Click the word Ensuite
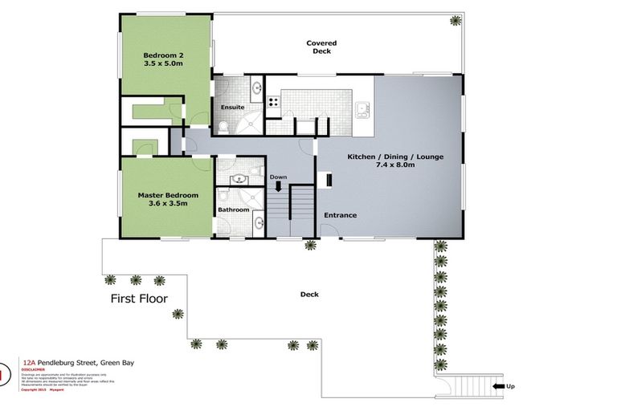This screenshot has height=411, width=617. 232,107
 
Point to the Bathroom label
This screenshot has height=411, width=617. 234,210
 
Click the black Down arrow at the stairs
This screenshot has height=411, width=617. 279,186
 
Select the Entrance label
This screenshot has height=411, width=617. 340,215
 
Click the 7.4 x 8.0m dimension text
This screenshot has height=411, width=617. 394,165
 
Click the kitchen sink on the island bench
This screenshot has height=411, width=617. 362,107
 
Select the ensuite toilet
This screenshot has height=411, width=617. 223,126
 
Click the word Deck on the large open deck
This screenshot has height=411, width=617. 309,295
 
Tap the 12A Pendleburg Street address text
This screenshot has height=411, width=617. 79,363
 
